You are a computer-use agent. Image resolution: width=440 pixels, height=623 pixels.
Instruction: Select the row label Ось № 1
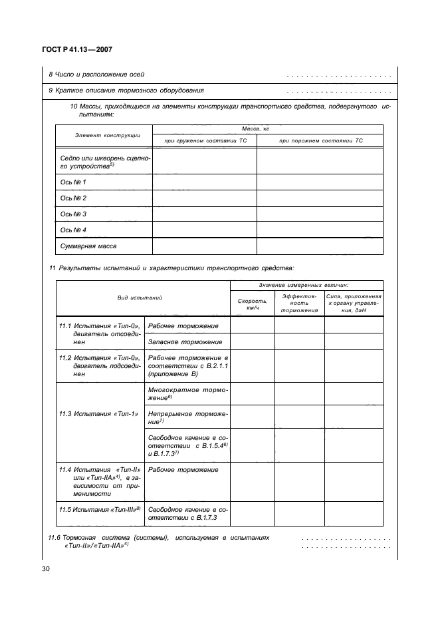74,182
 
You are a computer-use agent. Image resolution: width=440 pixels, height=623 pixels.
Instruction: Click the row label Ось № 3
74,214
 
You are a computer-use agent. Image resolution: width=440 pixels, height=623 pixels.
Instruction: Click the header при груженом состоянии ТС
204,140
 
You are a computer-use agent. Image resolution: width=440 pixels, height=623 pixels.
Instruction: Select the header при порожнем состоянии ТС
320,140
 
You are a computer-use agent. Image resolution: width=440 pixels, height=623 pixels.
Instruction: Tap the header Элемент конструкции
103,134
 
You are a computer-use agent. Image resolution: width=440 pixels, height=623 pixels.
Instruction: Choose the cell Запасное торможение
185,341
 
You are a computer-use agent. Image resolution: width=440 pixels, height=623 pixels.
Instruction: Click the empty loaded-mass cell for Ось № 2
204,198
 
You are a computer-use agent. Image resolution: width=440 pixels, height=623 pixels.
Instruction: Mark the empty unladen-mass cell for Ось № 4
320,230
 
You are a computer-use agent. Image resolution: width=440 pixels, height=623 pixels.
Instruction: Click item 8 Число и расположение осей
97,74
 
